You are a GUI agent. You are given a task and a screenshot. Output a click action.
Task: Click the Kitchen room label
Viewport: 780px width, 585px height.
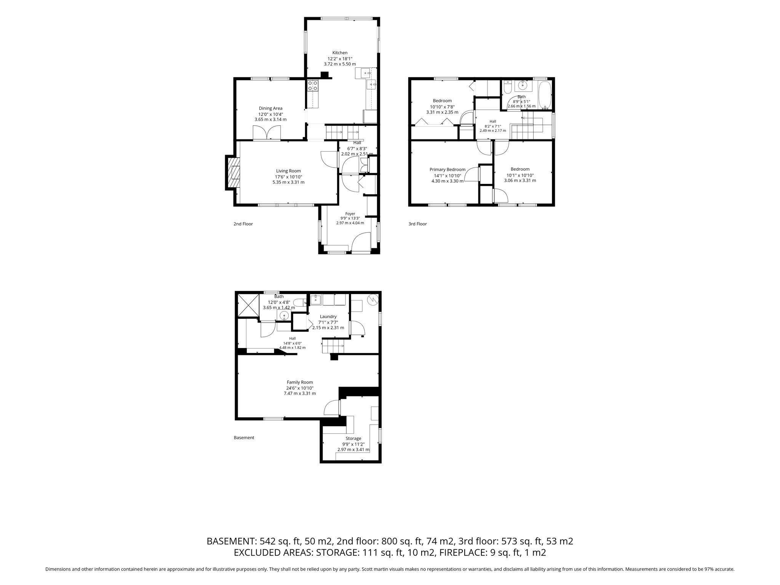coord(340,53)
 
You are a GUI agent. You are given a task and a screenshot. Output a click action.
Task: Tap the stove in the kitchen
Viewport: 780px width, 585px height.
coord(313,85)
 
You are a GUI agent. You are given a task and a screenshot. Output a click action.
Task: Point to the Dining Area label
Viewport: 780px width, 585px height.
coord(270,108)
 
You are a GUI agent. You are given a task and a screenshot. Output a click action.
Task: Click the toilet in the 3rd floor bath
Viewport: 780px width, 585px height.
coord(507,89)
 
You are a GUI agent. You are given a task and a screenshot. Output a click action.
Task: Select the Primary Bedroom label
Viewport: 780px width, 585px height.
coord(447,169)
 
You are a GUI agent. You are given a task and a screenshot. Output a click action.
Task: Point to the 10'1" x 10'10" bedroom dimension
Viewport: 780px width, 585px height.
coord(520,176)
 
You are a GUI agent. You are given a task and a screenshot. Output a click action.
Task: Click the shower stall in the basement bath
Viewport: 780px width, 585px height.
coord(248,305)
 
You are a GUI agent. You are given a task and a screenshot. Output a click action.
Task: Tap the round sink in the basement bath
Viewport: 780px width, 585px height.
coord(284,315)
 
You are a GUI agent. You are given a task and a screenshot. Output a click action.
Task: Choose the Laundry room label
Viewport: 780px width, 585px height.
coord(328,316)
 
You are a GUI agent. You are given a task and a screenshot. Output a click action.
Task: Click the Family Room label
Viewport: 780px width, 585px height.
coord(300,382)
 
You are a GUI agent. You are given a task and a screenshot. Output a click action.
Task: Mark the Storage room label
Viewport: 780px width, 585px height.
coord(353,439)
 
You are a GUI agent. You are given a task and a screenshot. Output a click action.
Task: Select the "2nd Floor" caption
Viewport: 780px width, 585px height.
coord(243,224)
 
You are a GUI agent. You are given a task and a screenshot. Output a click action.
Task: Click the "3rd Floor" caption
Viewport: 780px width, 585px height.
coord(417,224)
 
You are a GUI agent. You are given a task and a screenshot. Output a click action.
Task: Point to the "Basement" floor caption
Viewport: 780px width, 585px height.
coord(244,438)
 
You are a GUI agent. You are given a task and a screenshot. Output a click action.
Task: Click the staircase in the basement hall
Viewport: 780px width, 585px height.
coord(334,346)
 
